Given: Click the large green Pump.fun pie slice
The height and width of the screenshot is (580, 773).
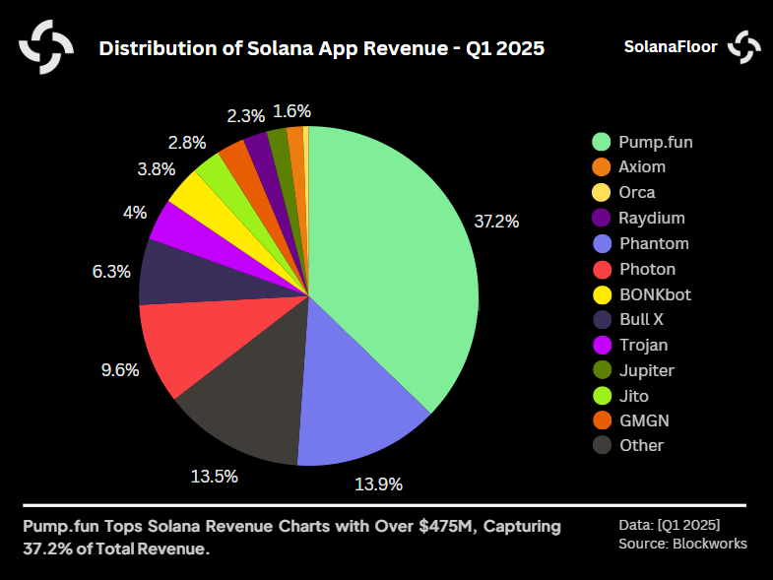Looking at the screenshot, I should click(394, 256).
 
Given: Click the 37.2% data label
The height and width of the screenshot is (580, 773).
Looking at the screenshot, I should click(496, 222).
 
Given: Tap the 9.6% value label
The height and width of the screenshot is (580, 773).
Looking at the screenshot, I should click(120, 370).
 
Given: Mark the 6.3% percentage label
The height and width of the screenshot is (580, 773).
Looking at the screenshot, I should click(111, 272).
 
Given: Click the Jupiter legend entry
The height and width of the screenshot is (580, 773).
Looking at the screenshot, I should click(646, 370).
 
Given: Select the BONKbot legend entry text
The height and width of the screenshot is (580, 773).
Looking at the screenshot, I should click(654, 293).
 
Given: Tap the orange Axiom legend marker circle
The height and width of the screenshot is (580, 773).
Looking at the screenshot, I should click(601, 167).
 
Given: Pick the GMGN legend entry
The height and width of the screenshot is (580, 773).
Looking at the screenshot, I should click(643, 420).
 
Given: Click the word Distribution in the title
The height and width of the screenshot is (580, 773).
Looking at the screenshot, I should click(154, 48).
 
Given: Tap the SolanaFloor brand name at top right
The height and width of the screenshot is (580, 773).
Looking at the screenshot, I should click(671, 46).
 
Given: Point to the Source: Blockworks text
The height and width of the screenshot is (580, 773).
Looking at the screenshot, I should click(681, 544).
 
